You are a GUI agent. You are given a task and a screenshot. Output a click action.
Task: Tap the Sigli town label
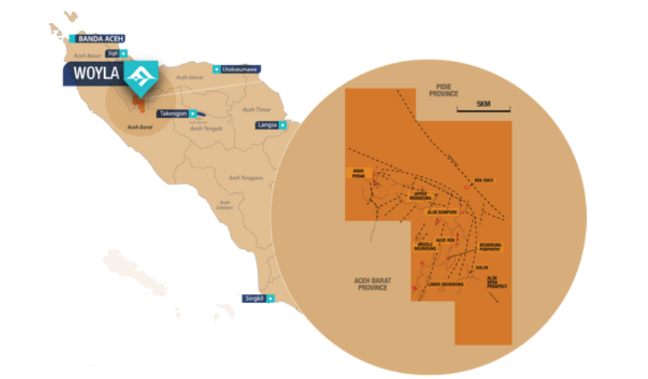coord(111,53)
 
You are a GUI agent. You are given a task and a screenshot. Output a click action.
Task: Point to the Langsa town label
coord(267,124)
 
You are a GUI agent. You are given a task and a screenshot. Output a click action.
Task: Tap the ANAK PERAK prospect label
coord(356,174)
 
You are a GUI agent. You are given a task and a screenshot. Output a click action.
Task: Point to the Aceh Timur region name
coord(251,110)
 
